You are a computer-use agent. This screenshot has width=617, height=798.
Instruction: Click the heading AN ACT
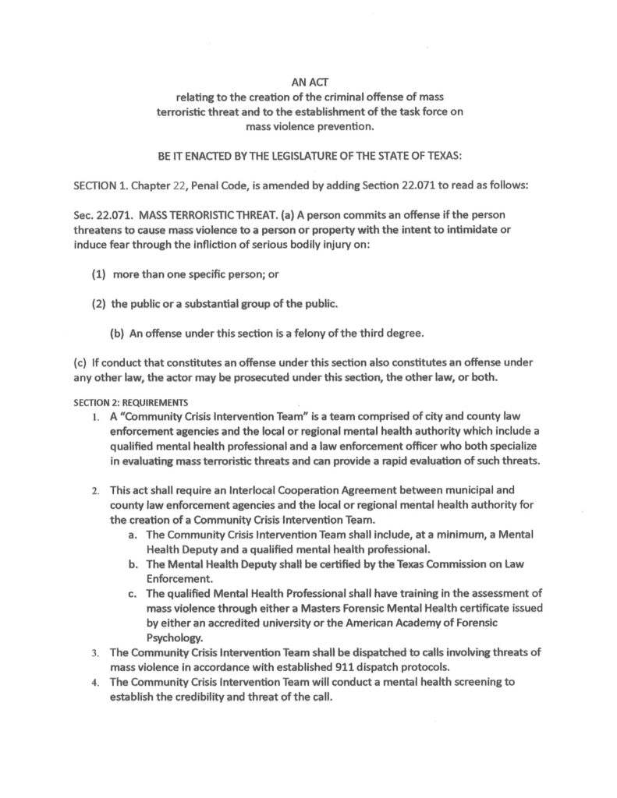coord(309,80)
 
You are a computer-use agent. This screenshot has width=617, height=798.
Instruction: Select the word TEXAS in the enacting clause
coord(442,156)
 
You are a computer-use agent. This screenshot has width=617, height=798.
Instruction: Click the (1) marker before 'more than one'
coord(100,274)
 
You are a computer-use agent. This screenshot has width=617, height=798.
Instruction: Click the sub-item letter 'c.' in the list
coord(133,595)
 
